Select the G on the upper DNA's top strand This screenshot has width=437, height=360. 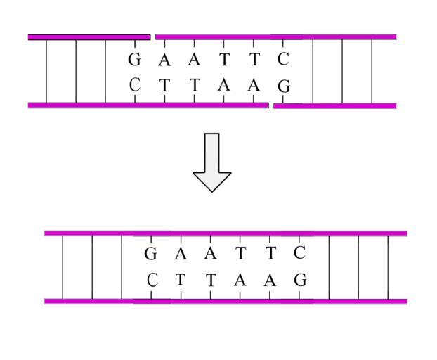pyautogui.click(x=134, y=60)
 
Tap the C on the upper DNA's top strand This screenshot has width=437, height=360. pyautogui.click(x=283, y=59)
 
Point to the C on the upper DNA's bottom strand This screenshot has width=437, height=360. pyautogui.click(x=135, y=85)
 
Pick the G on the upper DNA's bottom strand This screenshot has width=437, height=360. pyautogui.click(x=284, y=86)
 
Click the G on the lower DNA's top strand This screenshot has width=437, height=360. pyautogui.click(x=150, y=254)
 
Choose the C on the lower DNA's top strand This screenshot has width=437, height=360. pyautogui.click(x=299, y=252)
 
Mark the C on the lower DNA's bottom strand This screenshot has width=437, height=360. pyautogui.click(x=152, y=280)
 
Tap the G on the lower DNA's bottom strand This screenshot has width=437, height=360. pyautogui.click(x=300, y=280)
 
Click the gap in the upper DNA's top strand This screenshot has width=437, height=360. pyautogui.click(x=152, y=37)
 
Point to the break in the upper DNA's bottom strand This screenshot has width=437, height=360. pyautogui.click(x=271, y=105)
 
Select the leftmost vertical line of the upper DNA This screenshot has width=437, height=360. pyautogui.click(x=46, y=71)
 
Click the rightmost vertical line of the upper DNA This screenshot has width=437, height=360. pyautogui.click(x=372, y=71)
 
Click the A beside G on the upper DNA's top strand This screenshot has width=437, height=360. pyautogui.click(x=164, y=60)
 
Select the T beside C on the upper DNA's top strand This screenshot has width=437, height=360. pyautogui.click(x=254, y=60)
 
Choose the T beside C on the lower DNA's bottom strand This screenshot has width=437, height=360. pyautogui.click(x=181, y=279)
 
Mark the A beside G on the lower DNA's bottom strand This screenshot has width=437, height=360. pyautogui.click(x=270, y=280)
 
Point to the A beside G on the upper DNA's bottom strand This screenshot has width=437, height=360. pyautogui.click(x=254, y=85)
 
